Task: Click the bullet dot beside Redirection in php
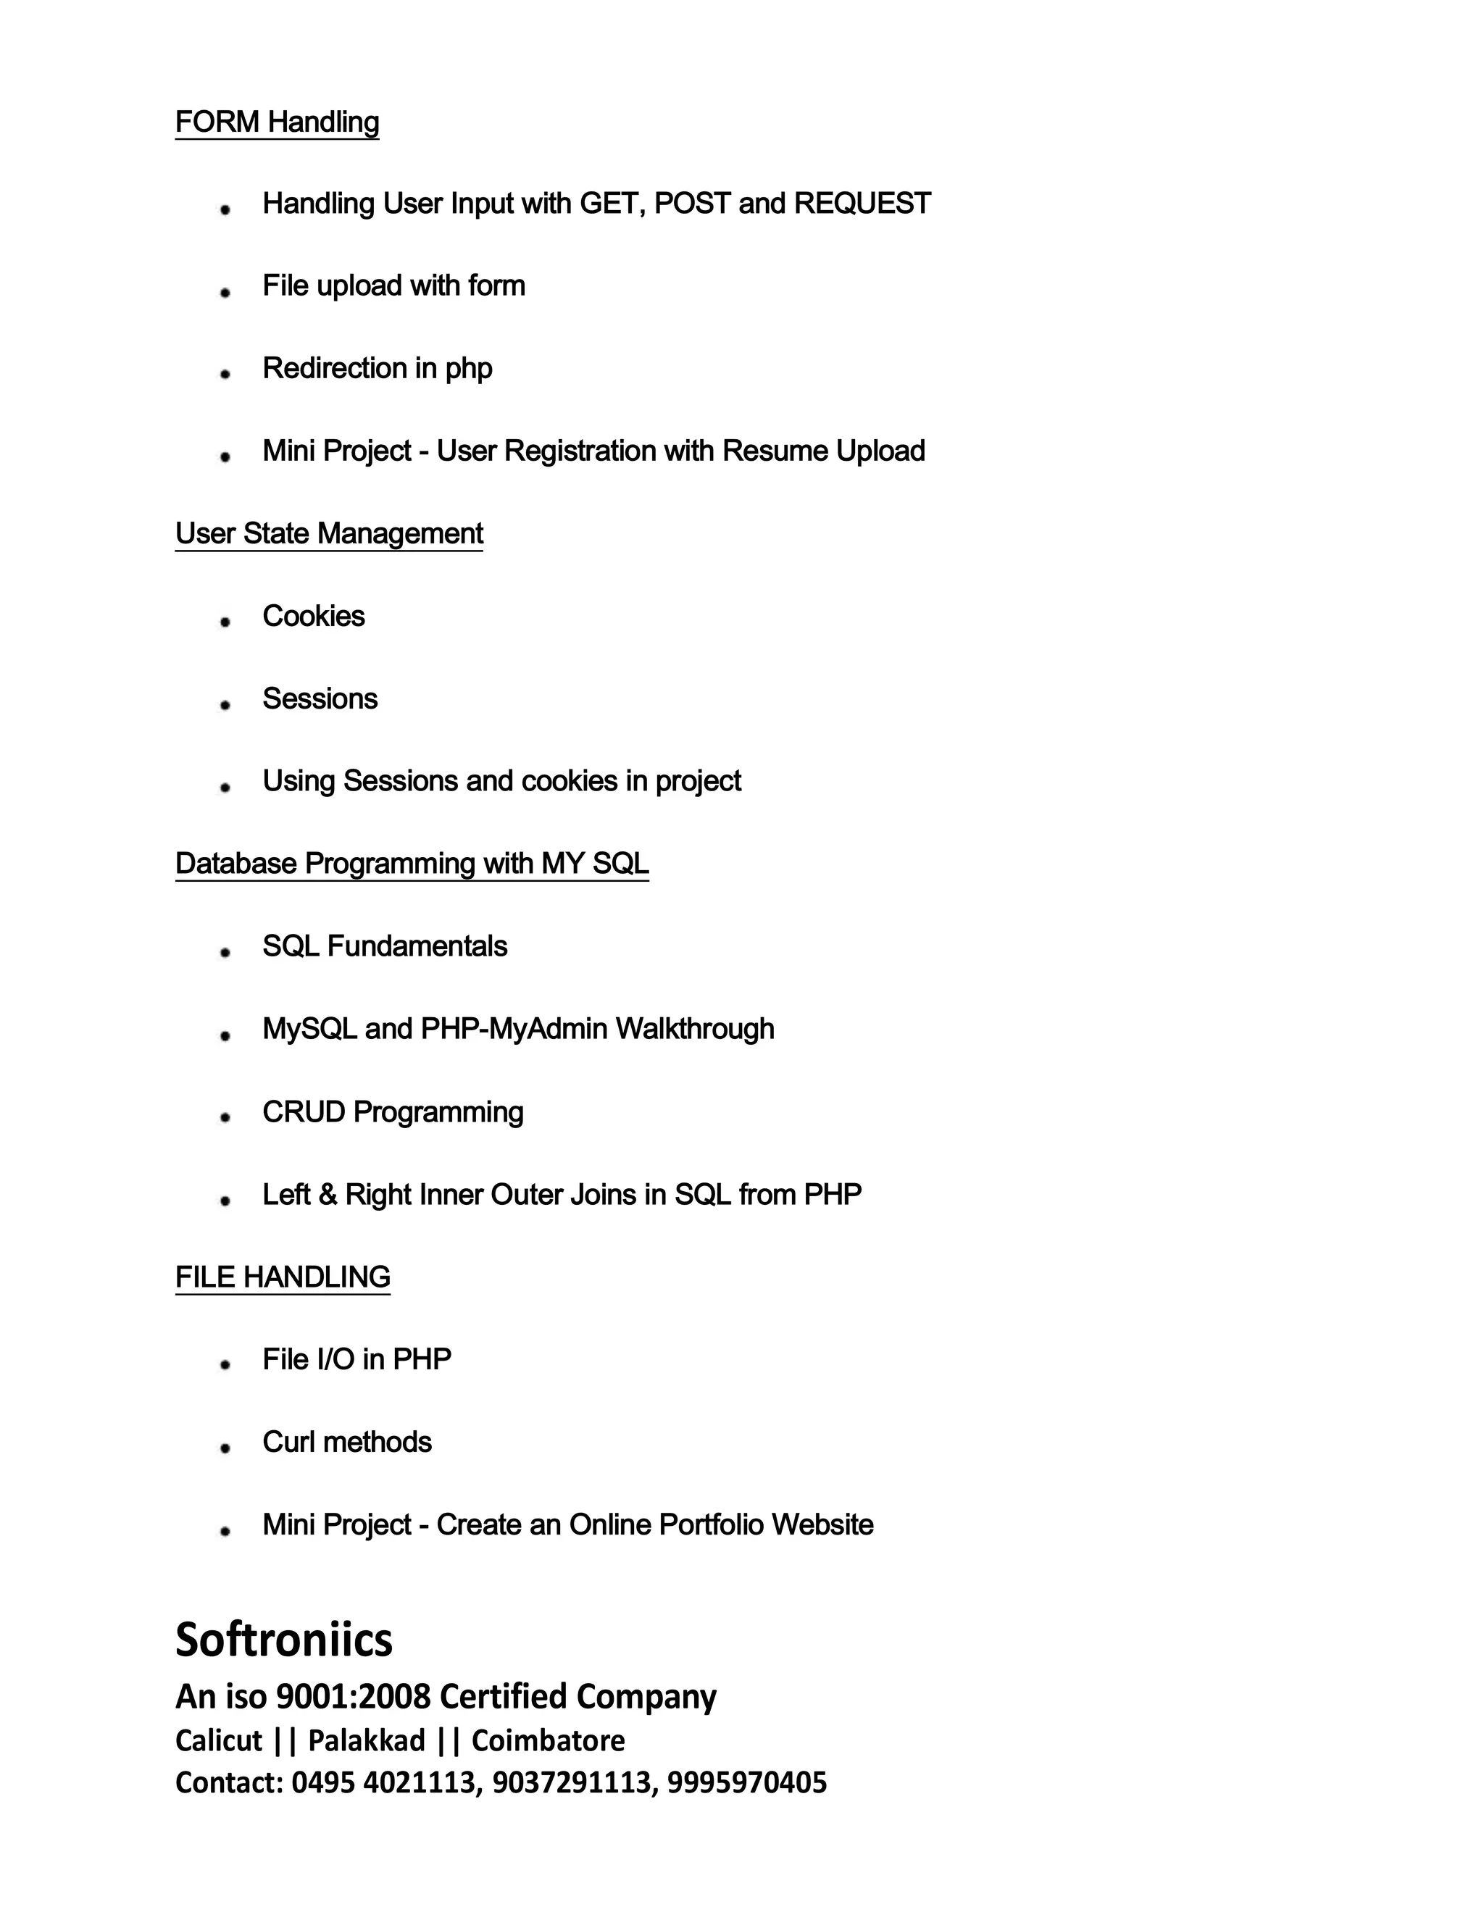click(x=225, y=374)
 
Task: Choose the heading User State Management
click(x=329, y=534)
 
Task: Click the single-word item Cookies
click(x=313, y=617)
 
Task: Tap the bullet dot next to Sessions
click(x=225, y=704)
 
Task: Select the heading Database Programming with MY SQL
click(x=412, y=864)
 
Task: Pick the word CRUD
click(x=304, y=1112)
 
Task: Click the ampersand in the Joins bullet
click(x=328, y=1195)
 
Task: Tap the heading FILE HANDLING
click(x=282, y=1277)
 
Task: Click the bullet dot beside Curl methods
click(x=225, y=1448)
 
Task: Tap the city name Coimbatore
click(x=548, y=1740)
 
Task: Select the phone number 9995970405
click(x=746, y=1782)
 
